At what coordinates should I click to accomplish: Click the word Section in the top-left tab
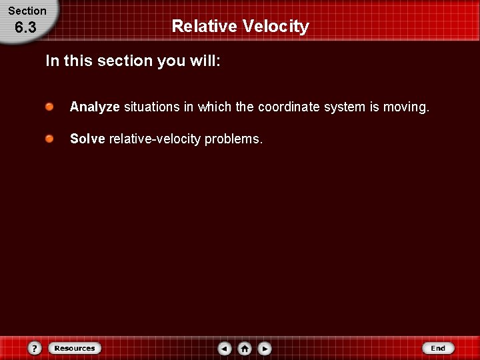point(27,11)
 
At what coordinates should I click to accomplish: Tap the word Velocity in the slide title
point(276,27)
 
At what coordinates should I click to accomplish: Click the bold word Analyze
point(95,107)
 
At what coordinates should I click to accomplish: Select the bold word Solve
point(87,139)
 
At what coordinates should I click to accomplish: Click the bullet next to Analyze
point(50,107)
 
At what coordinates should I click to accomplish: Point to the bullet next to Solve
point(50,139)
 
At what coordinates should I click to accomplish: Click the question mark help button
point(35,348)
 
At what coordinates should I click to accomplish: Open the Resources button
point(75,348)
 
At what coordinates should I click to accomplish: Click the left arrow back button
point(225,348)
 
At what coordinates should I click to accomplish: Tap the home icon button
point(245,348)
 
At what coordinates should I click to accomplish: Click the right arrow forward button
point(265,348)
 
